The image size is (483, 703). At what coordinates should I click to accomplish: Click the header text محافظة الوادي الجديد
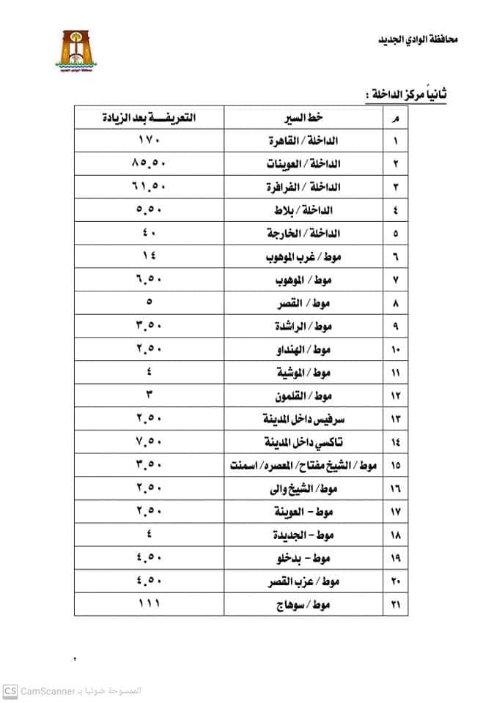coord(413,38)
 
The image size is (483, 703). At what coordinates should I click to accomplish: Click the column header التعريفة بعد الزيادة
coord(152,118)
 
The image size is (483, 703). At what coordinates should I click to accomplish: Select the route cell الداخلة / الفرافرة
coord(304,187)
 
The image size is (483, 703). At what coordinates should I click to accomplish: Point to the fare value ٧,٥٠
coord(151,443)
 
